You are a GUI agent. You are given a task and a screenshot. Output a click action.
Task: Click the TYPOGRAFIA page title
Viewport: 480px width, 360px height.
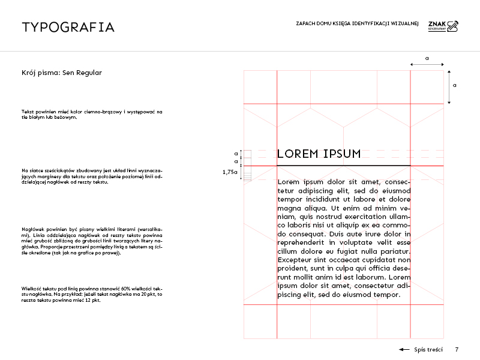68,27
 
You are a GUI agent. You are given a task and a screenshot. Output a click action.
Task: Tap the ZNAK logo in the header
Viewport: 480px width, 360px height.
443,25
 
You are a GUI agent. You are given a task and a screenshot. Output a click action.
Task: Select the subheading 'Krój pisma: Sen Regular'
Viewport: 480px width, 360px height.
61,73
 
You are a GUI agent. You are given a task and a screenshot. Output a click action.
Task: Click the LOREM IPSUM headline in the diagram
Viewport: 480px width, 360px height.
319,154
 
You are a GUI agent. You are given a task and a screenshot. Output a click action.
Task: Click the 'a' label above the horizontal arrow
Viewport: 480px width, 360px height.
427,58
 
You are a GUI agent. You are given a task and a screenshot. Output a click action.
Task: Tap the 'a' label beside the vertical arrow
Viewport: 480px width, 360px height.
455,86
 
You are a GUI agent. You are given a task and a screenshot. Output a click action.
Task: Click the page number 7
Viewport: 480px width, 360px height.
457,349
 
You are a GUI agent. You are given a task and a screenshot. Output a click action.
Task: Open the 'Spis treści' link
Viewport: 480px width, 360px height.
428,349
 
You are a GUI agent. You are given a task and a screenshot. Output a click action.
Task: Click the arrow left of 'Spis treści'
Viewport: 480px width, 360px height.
404,349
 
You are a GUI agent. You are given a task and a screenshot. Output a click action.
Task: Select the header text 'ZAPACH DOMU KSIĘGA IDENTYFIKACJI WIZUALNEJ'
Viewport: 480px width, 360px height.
357,24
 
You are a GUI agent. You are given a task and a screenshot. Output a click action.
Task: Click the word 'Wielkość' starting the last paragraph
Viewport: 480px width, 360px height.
33,289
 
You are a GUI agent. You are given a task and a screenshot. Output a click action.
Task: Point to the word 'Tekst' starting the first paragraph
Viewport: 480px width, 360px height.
28,112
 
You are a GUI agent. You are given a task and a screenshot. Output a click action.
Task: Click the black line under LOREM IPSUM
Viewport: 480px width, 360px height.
343,166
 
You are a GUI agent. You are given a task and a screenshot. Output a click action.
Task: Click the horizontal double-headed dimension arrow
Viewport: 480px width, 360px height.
427,64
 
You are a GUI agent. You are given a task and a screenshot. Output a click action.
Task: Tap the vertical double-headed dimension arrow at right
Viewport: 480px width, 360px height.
449,86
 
